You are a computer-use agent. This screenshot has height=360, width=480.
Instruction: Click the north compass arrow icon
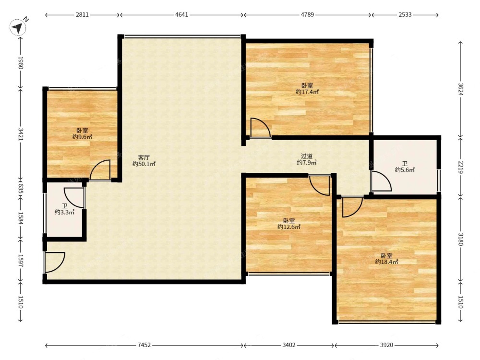pyautogui.click(x=18, y=27)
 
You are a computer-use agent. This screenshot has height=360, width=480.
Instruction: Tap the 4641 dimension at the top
pyautogui.click(x=181, y=15)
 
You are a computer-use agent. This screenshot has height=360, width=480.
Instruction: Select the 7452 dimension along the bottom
pyautogui.click(x=144, y=345)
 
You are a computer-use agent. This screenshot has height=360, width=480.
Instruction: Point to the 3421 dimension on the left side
pyautogui.click(x=21, y=134)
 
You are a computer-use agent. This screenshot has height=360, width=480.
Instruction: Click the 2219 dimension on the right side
pyautogui.click(x=461, y=167)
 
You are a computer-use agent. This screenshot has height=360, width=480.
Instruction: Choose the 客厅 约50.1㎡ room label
pyautogui.click(x=144, y=161)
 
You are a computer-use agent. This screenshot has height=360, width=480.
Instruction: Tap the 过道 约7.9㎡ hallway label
pyautogui.click(x=306, y=159)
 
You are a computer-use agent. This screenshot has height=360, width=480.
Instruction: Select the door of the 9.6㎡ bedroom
pyautogui.click(x=100, y=170)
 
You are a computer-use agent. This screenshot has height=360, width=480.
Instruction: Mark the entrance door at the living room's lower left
pyautogui.click(x=55, y=262)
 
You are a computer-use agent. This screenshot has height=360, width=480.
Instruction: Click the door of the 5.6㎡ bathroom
pyautogui.click(x=381, y=181)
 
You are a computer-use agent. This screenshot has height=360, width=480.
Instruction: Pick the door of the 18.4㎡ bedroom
pyautogui.click(x=352, y=207)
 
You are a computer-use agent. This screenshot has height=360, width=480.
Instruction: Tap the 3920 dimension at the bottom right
pyautogui.click(x=386, y=345)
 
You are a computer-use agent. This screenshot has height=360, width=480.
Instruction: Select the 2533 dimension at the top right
pyautogui.click(x=405, y=15)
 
